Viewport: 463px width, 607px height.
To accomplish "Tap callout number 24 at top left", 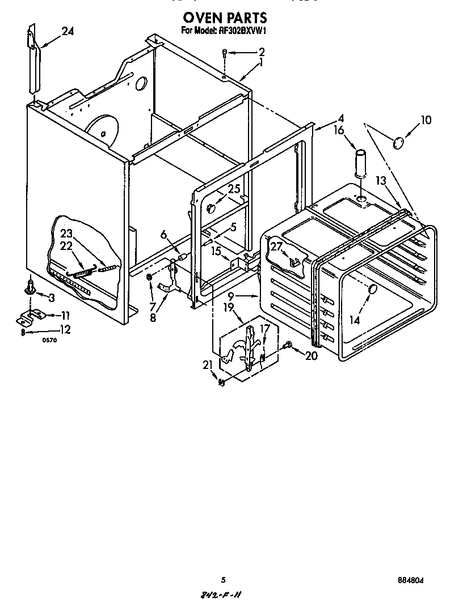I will coord(68,32).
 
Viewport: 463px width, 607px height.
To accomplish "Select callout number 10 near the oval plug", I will coord(426,120).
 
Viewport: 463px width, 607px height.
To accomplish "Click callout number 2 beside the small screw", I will coord(262,52).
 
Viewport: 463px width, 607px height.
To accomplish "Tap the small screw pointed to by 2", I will coord(225,54).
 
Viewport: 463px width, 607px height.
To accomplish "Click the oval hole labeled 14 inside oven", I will coord(372,290).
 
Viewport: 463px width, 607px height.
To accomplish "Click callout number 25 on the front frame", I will coord(234,189).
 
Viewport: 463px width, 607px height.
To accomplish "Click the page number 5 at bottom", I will coord(224,580).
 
